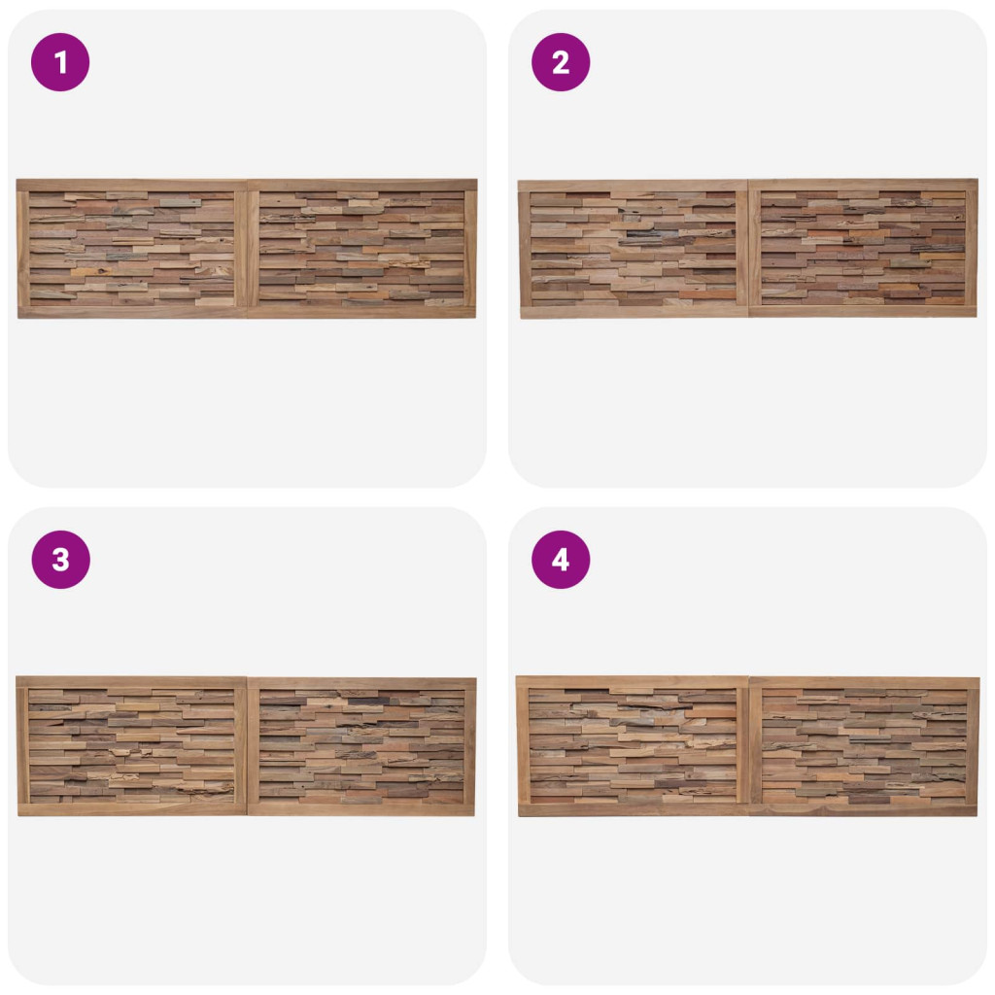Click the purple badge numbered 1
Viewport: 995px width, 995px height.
(60, 62)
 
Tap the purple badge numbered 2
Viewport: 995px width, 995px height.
(561, 62)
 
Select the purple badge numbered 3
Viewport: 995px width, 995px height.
(60, 560)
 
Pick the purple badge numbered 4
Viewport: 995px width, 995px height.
(561, 560)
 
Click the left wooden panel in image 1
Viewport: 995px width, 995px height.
(132, 249)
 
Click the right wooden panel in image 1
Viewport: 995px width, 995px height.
(361, 249)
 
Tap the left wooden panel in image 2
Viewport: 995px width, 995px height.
(634, 249)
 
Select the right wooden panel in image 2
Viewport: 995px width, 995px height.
(863, 248)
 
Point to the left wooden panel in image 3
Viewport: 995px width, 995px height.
(131, 746)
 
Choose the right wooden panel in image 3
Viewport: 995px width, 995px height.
(361, 746)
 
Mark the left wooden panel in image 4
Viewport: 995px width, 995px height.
(633, 746)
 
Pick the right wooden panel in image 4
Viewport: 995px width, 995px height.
(864, 746)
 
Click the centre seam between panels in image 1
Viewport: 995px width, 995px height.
(248, 249)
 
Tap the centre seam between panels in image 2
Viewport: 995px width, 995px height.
(749, 249)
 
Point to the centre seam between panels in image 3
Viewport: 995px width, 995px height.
(247, 746)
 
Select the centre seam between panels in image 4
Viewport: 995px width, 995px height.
(749, 746)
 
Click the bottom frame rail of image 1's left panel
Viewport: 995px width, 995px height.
(132, 312)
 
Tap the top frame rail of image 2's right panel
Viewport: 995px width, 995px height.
(864, 185)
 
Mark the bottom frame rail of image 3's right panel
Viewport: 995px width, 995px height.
(361, 809)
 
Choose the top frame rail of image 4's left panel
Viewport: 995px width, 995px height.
(633, 682)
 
